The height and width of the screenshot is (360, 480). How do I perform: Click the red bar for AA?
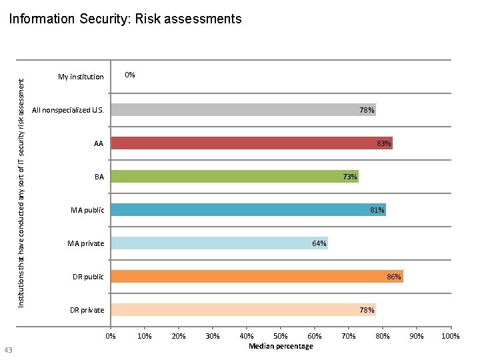251,143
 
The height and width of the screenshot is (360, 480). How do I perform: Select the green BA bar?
235,177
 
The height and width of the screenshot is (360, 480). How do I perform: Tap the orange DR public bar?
257,277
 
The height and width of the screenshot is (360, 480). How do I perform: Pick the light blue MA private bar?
219,243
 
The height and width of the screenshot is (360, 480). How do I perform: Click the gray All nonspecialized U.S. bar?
243,110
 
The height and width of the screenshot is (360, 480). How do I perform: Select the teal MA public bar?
248,210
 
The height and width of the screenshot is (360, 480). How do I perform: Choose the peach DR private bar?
243,310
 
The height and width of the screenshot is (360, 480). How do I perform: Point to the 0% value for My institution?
130,75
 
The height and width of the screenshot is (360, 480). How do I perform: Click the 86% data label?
394,277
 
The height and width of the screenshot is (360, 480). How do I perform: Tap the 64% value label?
319,243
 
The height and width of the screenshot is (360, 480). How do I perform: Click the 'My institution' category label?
81,77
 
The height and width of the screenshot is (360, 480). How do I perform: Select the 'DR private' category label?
87,310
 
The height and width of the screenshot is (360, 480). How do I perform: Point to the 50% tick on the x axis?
281,336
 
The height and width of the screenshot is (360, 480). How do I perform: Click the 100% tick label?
451,336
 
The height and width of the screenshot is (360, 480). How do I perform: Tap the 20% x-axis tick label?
179,336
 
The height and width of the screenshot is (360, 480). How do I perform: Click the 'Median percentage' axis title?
281,346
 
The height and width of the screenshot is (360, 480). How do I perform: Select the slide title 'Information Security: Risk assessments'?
125,19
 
